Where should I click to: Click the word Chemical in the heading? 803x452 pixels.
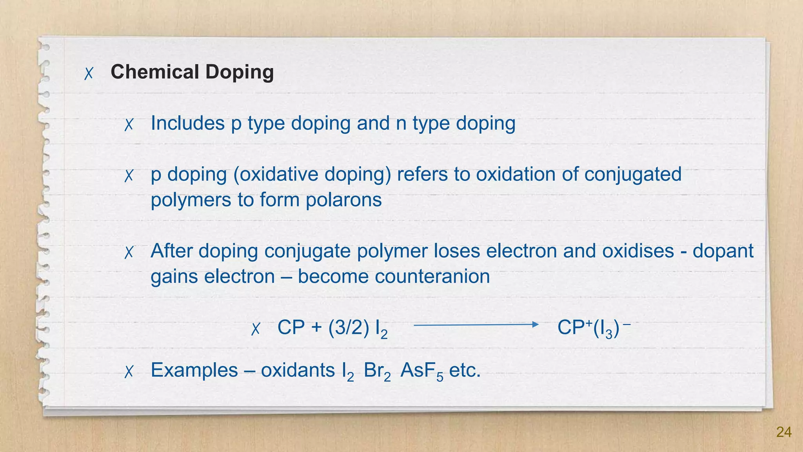tap(155, 72)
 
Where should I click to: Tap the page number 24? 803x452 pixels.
tap(783, 432)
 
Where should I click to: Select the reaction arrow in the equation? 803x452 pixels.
tap(476, 324)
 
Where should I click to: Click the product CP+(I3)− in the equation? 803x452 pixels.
tap(593, 328)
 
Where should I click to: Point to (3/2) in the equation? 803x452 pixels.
tap(349, 328)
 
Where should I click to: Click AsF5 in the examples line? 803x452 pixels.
tap(421, 371)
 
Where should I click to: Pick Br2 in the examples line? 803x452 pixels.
tap(377, 371)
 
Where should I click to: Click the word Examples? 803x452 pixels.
tap(194, 370)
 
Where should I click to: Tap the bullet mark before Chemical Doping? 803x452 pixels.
tap(89, 73)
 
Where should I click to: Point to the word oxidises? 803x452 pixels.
tap(638, 251)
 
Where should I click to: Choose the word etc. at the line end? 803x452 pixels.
tap(465, 370)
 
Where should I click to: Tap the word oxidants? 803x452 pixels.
tap(298, 370)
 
